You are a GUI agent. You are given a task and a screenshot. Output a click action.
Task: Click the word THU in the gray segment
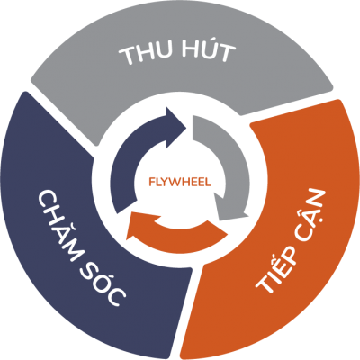click(x=145, y=55)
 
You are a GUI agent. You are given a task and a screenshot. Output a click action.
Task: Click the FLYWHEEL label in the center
click(x=180, y=182)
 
